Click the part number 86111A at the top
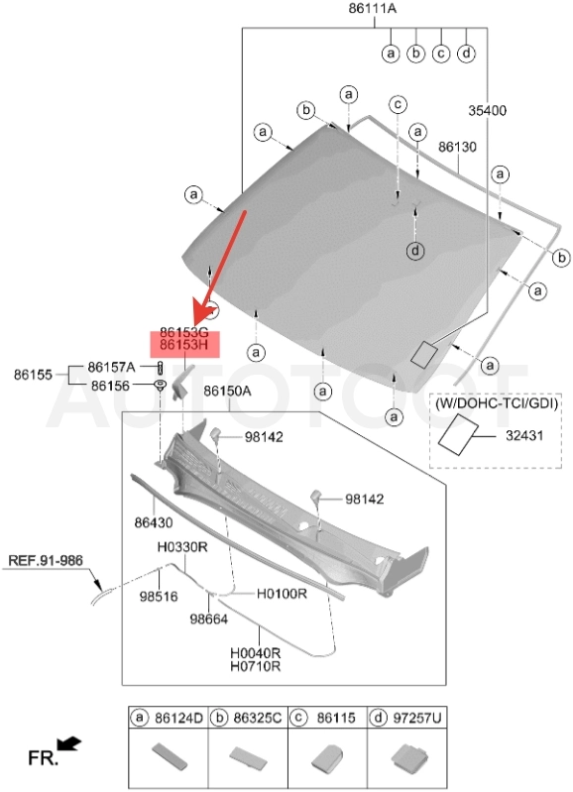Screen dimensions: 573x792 click(373, 8)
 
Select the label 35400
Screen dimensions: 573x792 click(487, 110)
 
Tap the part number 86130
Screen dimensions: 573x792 click(457, 147)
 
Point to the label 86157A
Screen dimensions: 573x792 click(112, 367)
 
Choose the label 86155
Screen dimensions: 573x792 click(33, 375)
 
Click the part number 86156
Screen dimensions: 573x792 click(111, 386)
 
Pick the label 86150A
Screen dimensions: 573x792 click(227, 392)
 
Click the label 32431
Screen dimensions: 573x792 click(524, 435)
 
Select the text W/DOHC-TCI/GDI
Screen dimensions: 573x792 click(497, 404)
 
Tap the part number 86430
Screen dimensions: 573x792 click(154, 522)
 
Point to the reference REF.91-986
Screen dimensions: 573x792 click(46, 561)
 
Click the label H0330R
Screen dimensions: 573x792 click(182, 547)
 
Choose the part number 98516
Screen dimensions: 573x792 click(159, 597)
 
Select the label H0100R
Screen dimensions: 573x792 click(282, 594)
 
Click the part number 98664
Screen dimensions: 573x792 click(209, 619)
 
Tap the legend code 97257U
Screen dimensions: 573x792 click(417, 718)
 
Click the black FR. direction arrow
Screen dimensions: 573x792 click(69, 743)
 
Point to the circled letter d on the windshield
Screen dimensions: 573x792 click(415, 251)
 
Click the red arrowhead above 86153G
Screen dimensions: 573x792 click(202, 314)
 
